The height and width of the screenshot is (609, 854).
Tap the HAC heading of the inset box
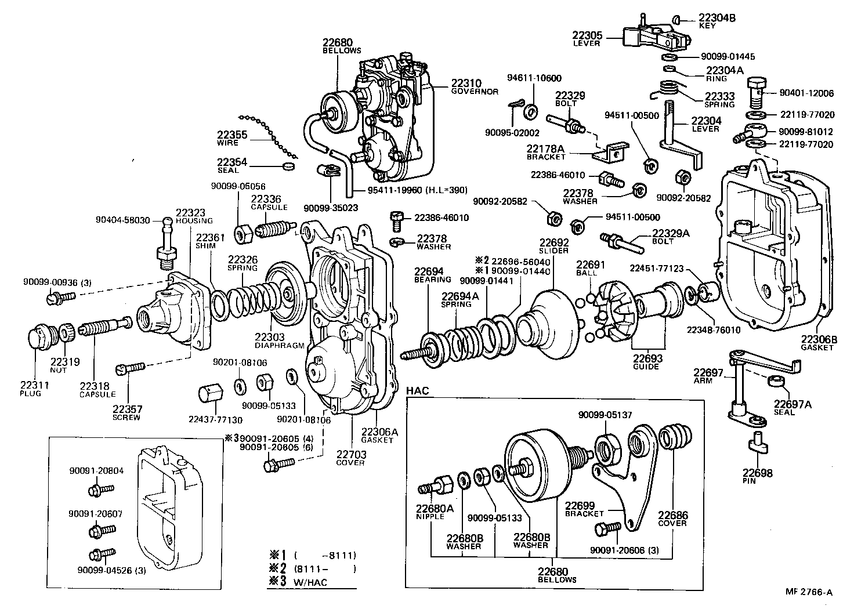tap(417, 391)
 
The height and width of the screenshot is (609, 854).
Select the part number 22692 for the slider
tap(555, 243)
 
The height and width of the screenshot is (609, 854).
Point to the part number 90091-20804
tap(96, 471)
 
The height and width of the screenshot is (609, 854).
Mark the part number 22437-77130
tap(215, 419)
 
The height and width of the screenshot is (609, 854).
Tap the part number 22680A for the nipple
tap(435, 508)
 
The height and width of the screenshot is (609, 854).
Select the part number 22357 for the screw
tap(126, 409)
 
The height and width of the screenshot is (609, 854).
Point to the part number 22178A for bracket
tap(545, 149)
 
